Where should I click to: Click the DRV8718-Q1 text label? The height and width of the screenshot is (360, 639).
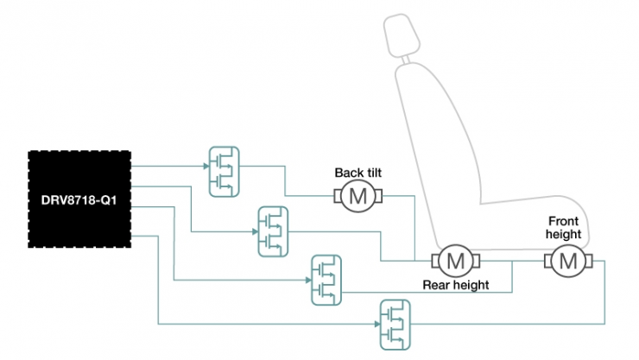pyautogui.click(x=79, y=200)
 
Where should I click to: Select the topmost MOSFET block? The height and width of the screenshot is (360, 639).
pyautogui.click(x=224, y=170)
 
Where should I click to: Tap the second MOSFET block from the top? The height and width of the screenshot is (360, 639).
pyautogui.click(x=273, y=231)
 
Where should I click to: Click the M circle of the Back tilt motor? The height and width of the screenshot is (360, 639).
pyautogui.click(x=356, y=198)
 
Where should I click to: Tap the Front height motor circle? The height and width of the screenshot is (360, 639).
pyautogui.click(x=566, y=259)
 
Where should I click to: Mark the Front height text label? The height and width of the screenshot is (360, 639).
pyautogui.click(x=565, y=227)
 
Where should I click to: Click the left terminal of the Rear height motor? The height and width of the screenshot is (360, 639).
pyautogui.click(x=434, y=259)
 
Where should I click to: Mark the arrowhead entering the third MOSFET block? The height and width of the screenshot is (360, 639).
pyautogui.click(x=307, y=280)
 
